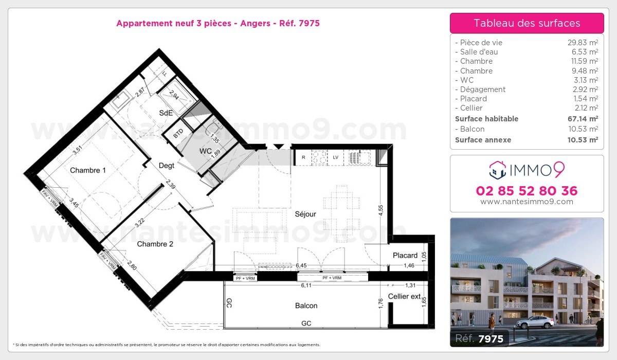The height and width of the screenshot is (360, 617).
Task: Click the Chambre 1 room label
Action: click(x=88, y=170)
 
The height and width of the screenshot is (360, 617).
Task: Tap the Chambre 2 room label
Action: click(x=155, y=244)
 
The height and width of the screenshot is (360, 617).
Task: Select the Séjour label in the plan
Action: click(x=305, y=214)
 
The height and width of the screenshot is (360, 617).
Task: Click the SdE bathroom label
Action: click(x=165, y=113)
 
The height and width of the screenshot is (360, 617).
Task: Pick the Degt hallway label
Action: click(x=167, y=166)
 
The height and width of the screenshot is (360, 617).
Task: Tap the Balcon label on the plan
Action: click(x=306, y=305)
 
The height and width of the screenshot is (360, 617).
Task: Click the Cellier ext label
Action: click(x=404, y=296)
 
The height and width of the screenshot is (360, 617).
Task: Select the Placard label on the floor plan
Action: click(x=405, y=256)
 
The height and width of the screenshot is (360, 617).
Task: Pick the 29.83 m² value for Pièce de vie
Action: click(x=583, y=43)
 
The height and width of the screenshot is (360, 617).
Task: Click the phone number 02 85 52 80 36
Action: click(x=527, y=191)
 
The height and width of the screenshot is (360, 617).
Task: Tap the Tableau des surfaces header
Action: click(x=527, y=23)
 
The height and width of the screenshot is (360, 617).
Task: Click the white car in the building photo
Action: click(x=535, y=322)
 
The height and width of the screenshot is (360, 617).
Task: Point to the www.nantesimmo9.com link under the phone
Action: click(x=527, y=202)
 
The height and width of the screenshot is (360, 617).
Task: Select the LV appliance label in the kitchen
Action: click(x=335, y=157)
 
